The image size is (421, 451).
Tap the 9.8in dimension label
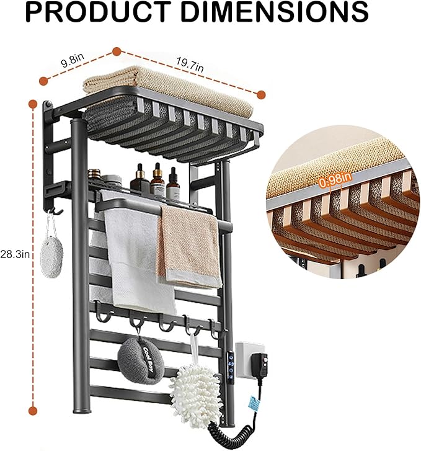tap(73, 60)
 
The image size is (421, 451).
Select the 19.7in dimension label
tap(190, 65)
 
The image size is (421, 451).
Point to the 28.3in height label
tap(15, 254)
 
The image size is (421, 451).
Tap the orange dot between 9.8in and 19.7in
tap(117, 51)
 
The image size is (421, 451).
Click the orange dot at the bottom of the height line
tap(33, 411)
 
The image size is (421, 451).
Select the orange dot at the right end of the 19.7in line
tap(261, 95)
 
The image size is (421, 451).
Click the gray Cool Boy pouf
tap(141, 360)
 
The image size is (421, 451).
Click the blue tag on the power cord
tap(253, 404)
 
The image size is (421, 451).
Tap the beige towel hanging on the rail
tap(189, 247)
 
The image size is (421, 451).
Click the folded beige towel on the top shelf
tap(168, 89)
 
